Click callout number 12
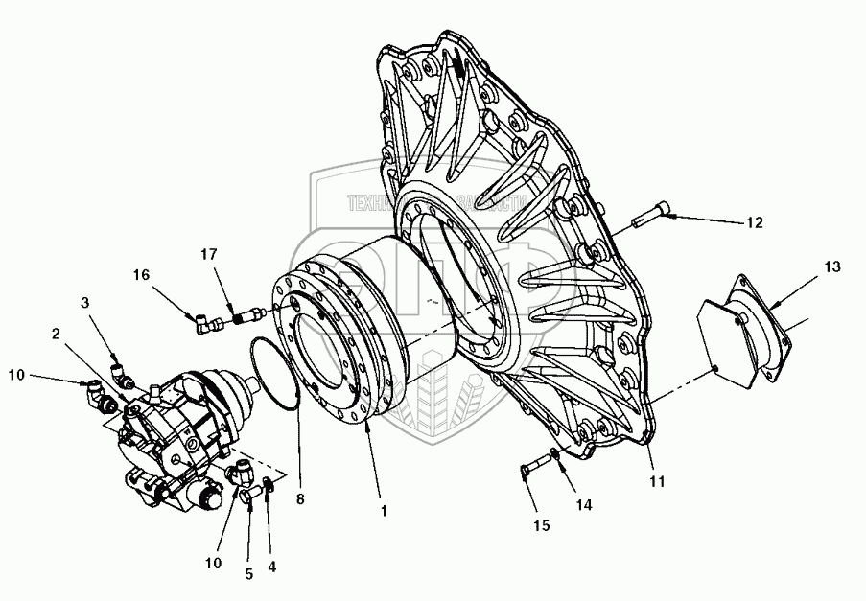click(754, 222)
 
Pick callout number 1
click(384, 511)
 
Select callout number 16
click(142, 274)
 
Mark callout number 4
click(272, 566)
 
